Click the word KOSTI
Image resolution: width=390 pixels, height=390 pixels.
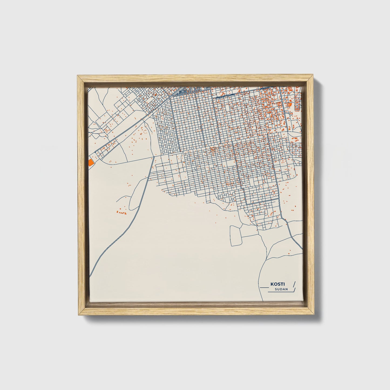click(x=275, y=284)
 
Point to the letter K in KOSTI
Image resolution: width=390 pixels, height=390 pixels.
click(x=271, y=284)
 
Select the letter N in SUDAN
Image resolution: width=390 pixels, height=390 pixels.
click(x=286, y=289)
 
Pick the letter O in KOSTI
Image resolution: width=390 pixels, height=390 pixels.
click(x=273, y=284)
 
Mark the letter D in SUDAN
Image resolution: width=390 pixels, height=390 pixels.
click(x=281, y=289)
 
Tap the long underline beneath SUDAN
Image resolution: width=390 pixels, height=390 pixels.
click(x=279, y=292)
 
